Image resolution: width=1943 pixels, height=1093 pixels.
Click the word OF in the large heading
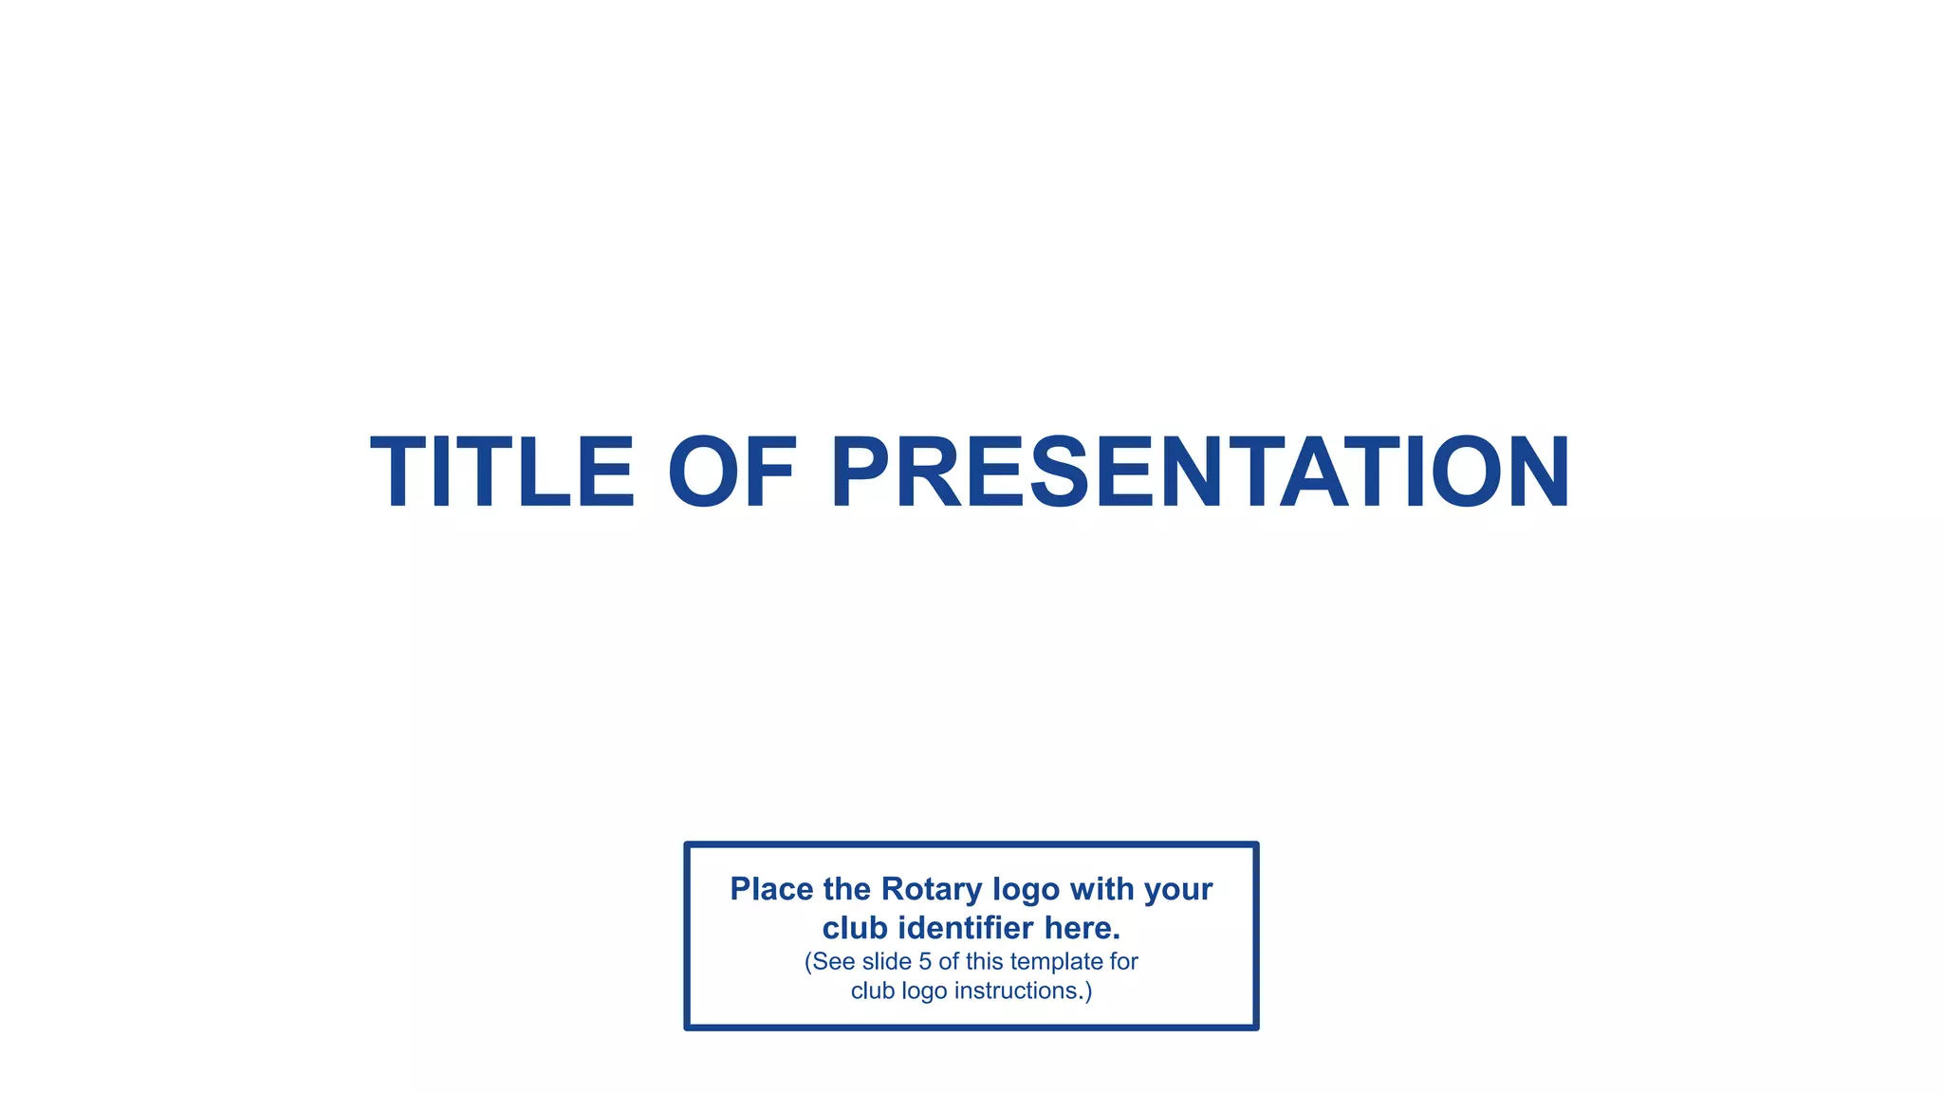click(x=731, y=472)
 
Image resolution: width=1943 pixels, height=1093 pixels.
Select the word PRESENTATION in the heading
click(x=1200, y=472)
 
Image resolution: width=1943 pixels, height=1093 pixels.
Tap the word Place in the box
click(x=771, y=889)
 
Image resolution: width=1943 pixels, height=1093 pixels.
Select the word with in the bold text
click(x=1101, y=889)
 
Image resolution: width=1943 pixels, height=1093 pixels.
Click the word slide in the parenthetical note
click(x=887, y=961)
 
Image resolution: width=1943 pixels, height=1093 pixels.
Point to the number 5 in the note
click(x=925, y=961)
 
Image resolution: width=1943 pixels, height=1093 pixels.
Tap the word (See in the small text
click(x=830, y=961)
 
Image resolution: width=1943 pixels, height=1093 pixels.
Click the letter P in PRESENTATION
click(x=866, y=472)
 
